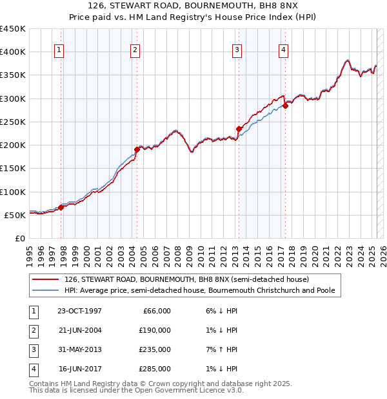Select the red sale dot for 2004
(137, 149)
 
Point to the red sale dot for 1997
(61, 207)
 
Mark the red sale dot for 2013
(238, 129)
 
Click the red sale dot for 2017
(284, 106)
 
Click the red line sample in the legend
(46, 279)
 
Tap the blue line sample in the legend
(46, 291)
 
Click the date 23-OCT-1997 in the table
(79, 311)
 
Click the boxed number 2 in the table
(33, 330)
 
